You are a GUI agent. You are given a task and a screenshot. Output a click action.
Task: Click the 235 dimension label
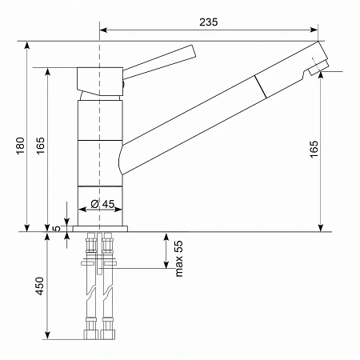[x=209, y=22]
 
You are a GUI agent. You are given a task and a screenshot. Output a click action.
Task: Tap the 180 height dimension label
[x=21, y=146]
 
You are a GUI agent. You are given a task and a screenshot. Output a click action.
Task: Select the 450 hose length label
[x=40, y=286]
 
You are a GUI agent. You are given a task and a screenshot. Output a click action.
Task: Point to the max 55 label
[x=179, y=258]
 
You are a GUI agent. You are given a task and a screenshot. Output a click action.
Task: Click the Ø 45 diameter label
[x=102, y=204]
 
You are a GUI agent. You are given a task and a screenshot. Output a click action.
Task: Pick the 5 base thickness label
[x=57, y=229]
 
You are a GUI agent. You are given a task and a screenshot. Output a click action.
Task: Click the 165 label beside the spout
[x=314, y=150]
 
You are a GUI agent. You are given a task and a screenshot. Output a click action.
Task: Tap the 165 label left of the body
[x=41, y=146]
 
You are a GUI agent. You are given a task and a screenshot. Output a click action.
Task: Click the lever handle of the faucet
[x=159, y=62]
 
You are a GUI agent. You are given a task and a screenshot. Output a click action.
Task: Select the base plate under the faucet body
[x=100, y=229]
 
